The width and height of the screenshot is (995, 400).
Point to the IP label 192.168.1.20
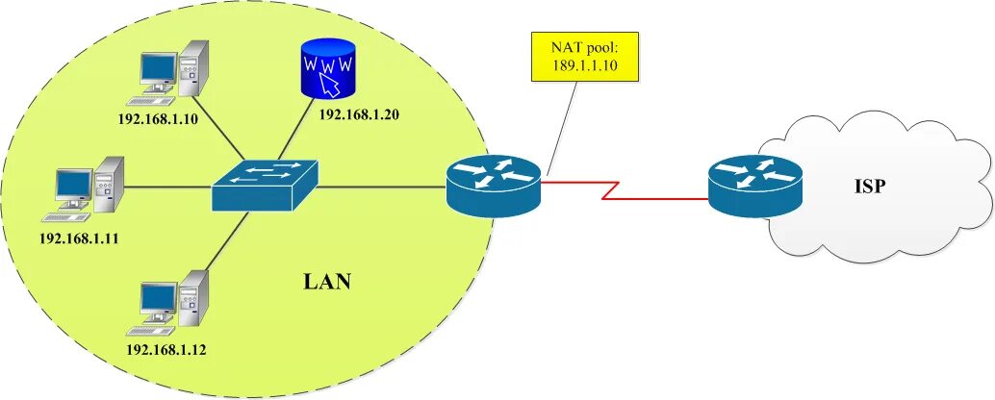359,114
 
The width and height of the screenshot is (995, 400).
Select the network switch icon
265,185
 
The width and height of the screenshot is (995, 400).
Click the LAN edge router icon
494,185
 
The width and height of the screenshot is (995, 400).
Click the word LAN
327,283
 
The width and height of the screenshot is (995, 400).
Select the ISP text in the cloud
869,186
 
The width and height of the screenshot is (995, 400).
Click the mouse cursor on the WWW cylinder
330,85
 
